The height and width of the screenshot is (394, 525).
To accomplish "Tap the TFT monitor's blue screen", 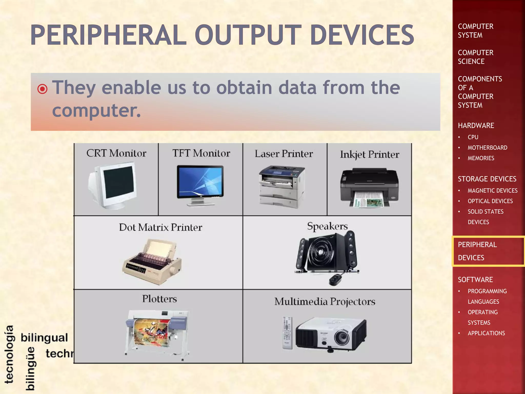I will pyautogui.click(x=200, y=181).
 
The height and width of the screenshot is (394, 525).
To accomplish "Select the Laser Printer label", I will pyautogui.click(x=284, y=154).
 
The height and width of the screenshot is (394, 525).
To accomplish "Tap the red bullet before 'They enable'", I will pyautogui.click(x=43, y=89).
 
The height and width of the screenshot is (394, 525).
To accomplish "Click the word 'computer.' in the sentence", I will pyautogui.click(x=97, y=111).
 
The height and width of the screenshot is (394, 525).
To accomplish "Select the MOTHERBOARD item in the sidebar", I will pyautogui.click(x=487, y=148).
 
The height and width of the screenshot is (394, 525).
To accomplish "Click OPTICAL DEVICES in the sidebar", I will pyautogui.click(x=490, y=201).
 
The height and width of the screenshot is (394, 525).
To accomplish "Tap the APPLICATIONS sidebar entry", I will pyautogui.click(x=486, y=333).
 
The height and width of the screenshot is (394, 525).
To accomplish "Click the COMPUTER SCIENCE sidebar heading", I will pyautogui.click(x=476, y=57).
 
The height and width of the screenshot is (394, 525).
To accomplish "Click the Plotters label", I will pyautogui.click(x=159, y=299).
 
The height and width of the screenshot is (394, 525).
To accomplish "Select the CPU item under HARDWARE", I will pyautogui.click(x=473, y=137).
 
